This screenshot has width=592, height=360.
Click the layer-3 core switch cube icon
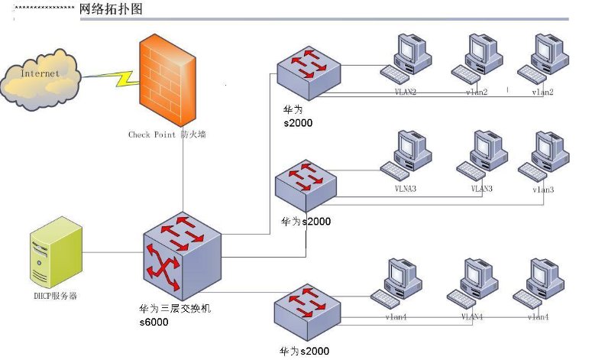(182, 254)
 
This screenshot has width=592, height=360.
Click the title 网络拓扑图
(111, 9)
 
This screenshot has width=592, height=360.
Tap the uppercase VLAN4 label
(474, 316)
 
